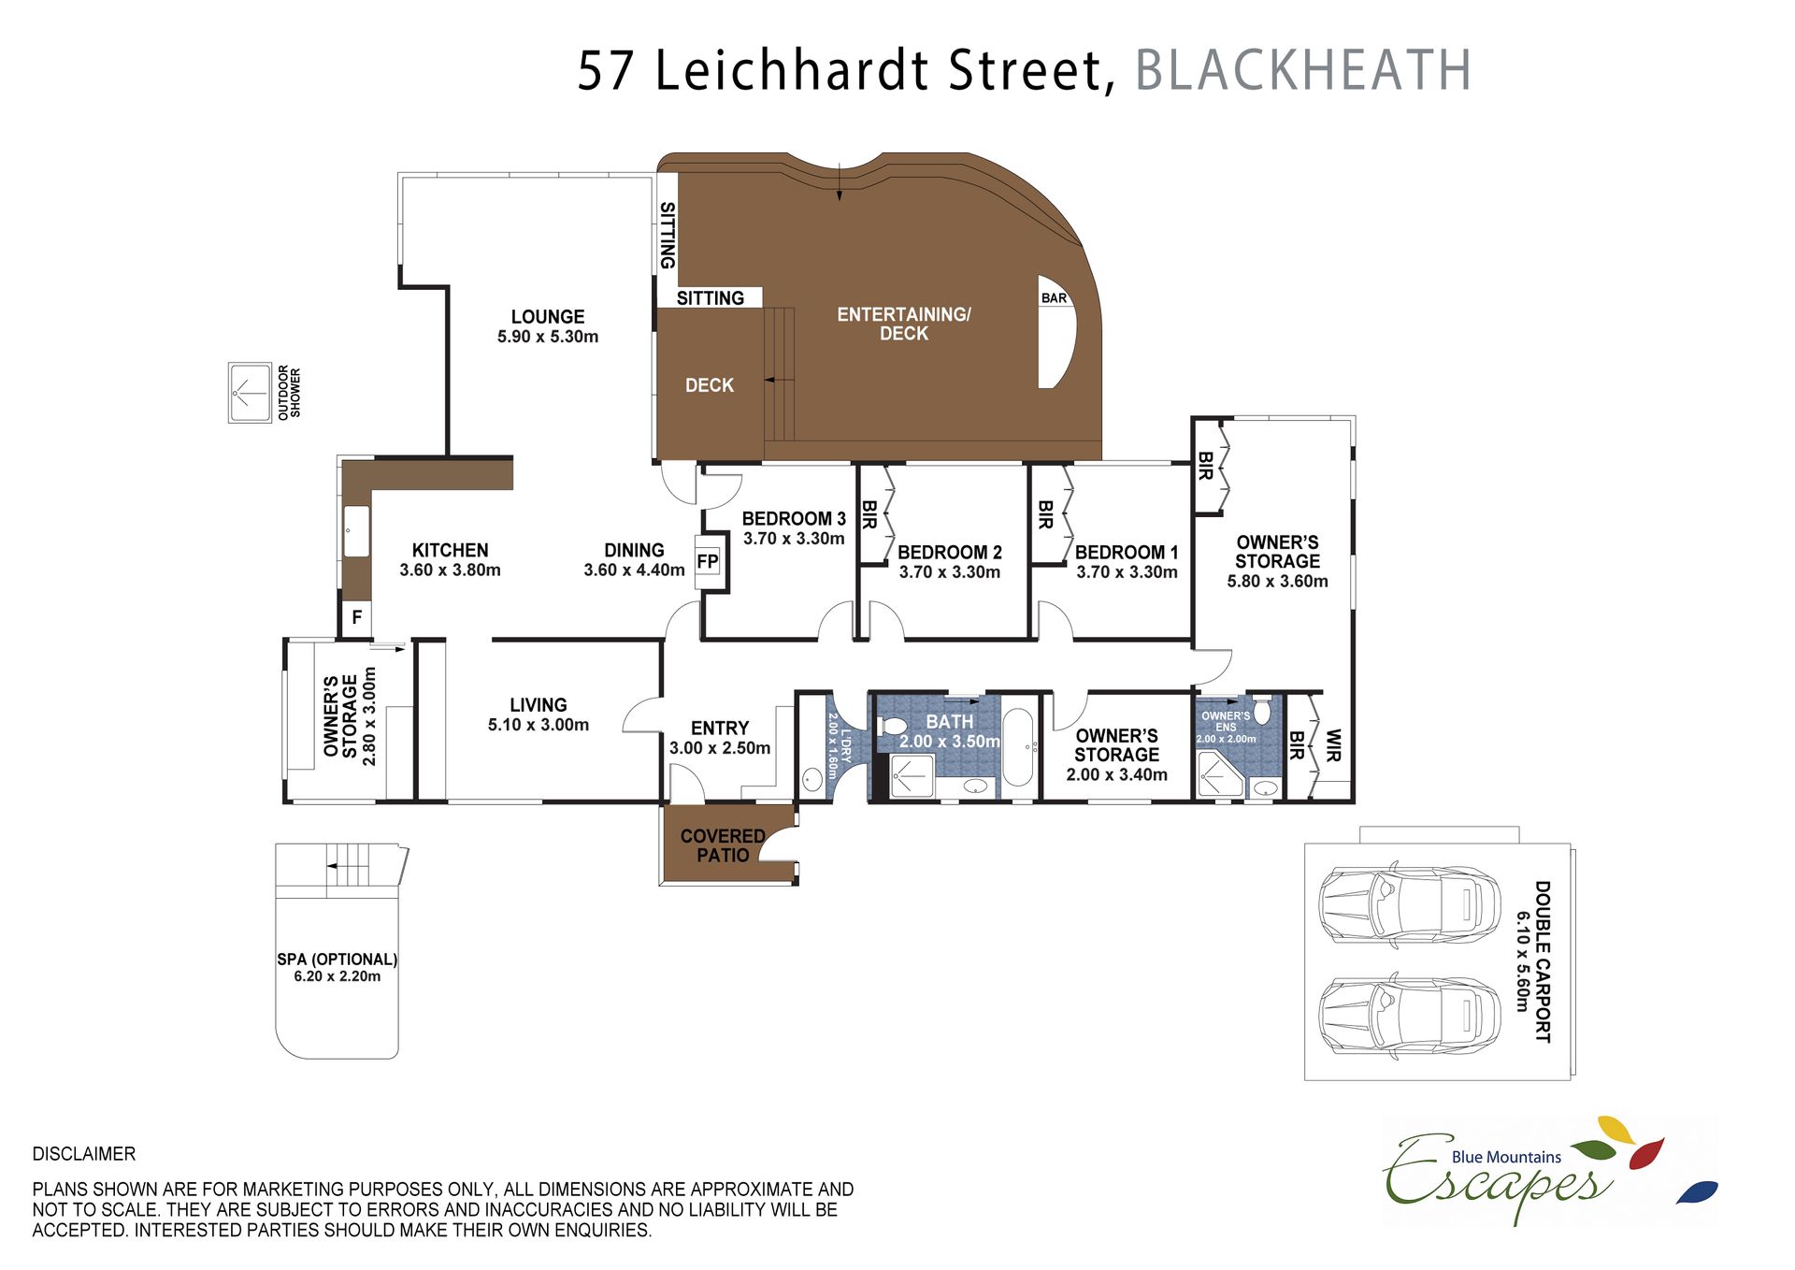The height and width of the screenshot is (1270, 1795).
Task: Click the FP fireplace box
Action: (x=709, y=561)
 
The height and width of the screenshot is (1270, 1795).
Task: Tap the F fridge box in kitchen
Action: (x=356, y=618)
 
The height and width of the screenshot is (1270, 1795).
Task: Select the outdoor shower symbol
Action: (x=250, y=393)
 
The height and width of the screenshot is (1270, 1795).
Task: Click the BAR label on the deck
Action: (x=1054, y=298)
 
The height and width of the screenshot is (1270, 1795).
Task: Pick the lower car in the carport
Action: (x=1408, y=1017)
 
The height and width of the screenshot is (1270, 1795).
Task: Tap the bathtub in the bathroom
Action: (x=1018, y=747)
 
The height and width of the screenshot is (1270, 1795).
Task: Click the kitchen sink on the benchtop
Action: (x=356, y=532)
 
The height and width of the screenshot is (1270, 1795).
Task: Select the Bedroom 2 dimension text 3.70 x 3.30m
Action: (x=950, y=572)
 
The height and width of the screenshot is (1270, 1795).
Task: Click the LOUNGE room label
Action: (x=548, y=317)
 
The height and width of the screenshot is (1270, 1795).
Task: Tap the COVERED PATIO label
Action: (x=723, y=845)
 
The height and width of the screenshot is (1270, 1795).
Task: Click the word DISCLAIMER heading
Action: (x=84, y=1154)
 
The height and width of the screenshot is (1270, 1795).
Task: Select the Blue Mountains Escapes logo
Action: (x=1550, y=1170)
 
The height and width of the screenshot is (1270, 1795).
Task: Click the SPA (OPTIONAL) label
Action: (x=337, y=960)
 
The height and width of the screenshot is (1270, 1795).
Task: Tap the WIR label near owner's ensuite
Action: (x=1333, y=745)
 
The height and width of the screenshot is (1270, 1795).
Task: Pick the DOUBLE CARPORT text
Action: (x=1543, y=961)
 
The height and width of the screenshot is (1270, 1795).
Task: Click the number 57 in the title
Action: (x=607, y=71)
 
